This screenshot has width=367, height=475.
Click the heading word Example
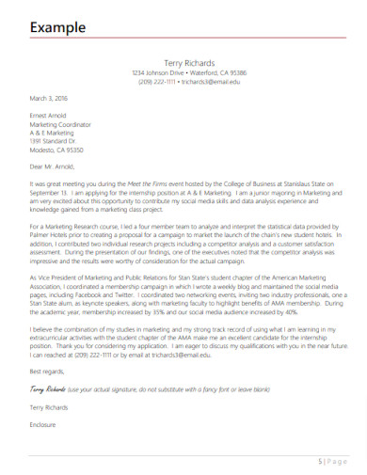click(54, 27)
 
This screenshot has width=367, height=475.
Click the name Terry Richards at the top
click(190, 62)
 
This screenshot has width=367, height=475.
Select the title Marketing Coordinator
click(61, 124)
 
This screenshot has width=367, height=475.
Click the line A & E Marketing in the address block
click(53, 133)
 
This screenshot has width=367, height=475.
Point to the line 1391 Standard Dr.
click(54, 141)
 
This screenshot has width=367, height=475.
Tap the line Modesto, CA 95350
click(56, 150)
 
